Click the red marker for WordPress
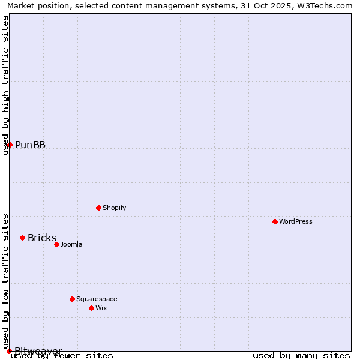pyautogui.click(x=275, y=221)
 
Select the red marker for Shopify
pyautogui.click(x=98, y=208)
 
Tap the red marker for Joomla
pyautogui.click(x=56, y=244)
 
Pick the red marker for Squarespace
pyautogui.click(x=72, y=299)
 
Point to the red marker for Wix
pyautogui.click(x=91, y=308)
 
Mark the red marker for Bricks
pyautogui.click(x=22, y=238)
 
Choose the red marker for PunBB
pyautogui.click(x=10, y=145)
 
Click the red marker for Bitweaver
pyautogui.click(x=9, y=351)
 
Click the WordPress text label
pyautogui.click(x=296, y=221)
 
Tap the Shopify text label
pyautogui.click(x=114, y=208)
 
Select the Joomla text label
pyautogui.click(x=71, y=244)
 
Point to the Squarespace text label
pyautogui.click(x=97, y=299)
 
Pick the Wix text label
pyautogui.click(x=101, y=308)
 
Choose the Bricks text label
pyautogui.click(x=42, y=238)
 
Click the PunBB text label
pyautogui.click(x=30, y=145)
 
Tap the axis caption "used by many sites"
pyautogui.click(x=301, y=356)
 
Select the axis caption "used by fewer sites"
pyautogui.click(x=62, y=356)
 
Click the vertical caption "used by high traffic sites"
pyautogui.click(x=5, y=85)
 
